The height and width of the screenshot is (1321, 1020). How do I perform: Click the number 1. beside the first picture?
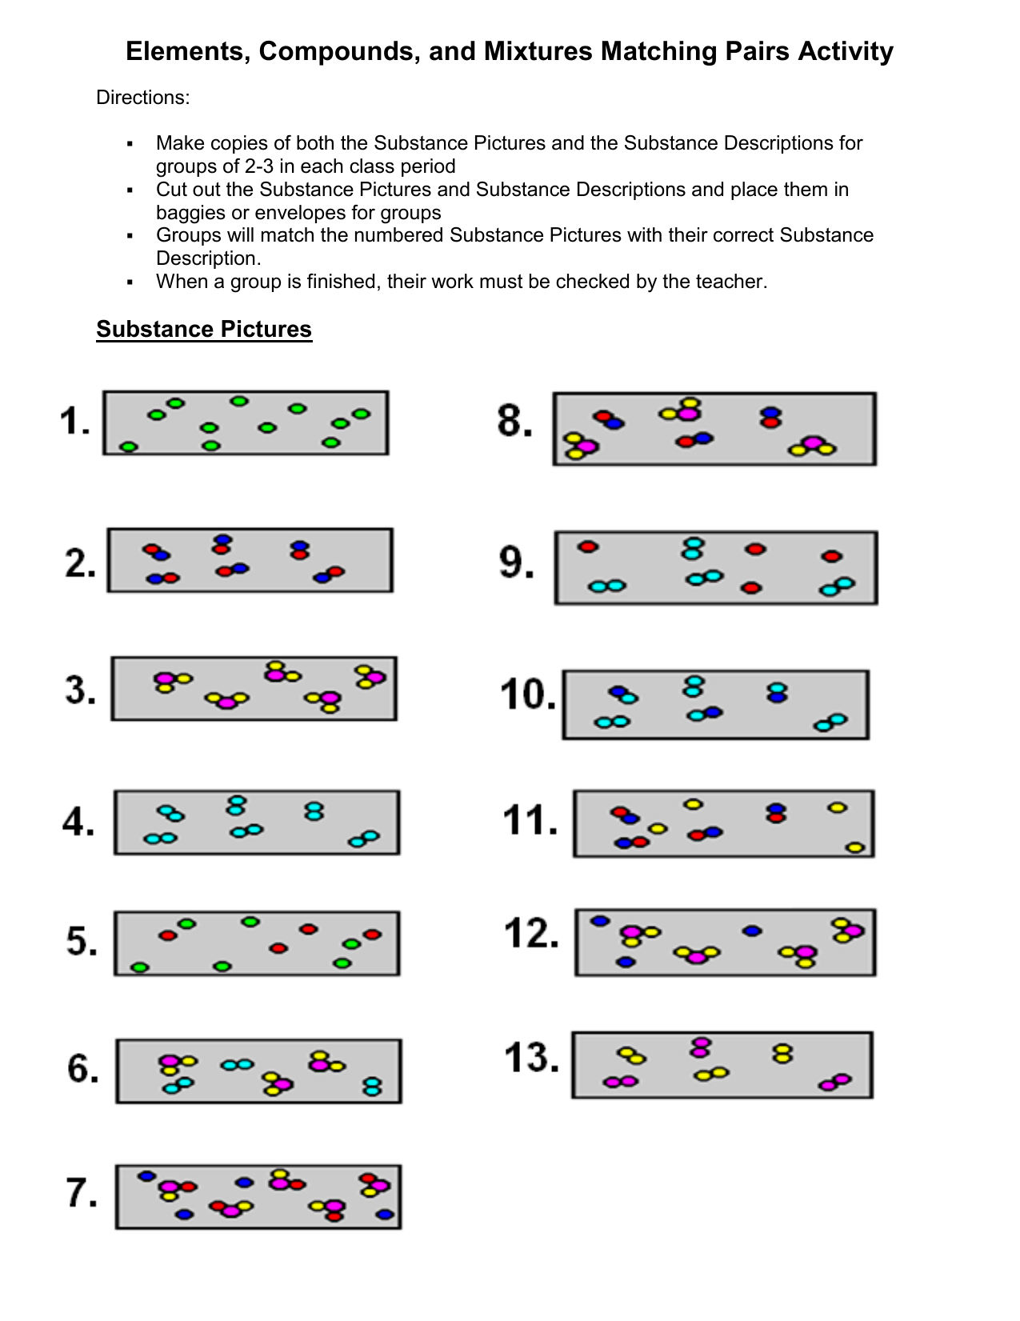pyautogui.click(x=75, y=422)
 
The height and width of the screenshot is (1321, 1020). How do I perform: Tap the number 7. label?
pyautogui.click(x=82, y=1193)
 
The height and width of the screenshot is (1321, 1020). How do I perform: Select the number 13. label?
pyautogui.click(x=532, y=1059)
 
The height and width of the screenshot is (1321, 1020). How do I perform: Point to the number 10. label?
pyautogui.click(x=527, y=695)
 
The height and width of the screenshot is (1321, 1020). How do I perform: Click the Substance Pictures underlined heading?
pyautogui.click(x=204, y=330)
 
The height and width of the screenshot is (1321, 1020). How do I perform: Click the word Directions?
pyautogui.click(x=142, y=98)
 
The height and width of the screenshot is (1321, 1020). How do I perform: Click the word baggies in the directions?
pyautogui.click(x=186, y=213)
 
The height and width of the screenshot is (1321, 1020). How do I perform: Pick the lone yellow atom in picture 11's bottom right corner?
pyautogui.click(x=855, y=847)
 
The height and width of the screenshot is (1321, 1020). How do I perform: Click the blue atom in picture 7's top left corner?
pyautogui.click(x=146, y=1176)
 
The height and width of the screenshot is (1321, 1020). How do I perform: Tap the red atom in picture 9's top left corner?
pyautogui.click(x=588, y=547)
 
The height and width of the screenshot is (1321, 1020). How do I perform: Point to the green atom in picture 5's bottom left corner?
pyautogui.click(x=140, y=967)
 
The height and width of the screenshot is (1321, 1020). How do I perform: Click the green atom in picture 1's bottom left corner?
pyautogui.click(x=129, y=446)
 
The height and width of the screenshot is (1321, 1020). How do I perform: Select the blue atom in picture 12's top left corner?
pyautogui.click(x=600, y=921)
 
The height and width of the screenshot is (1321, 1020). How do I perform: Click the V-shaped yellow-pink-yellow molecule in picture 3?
pyautogui.click(x=227, y=701)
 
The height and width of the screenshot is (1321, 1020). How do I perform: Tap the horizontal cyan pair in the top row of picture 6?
pyautogui.click(x=237, y=1064)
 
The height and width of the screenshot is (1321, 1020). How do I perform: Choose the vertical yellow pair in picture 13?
pyautogui.click(x=782, y=1053)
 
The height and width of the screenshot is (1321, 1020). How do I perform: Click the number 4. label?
pyautogui.click(x=78, y=822)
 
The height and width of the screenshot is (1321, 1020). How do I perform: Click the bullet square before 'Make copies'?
pyautogui.click(x=130, y=144)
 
